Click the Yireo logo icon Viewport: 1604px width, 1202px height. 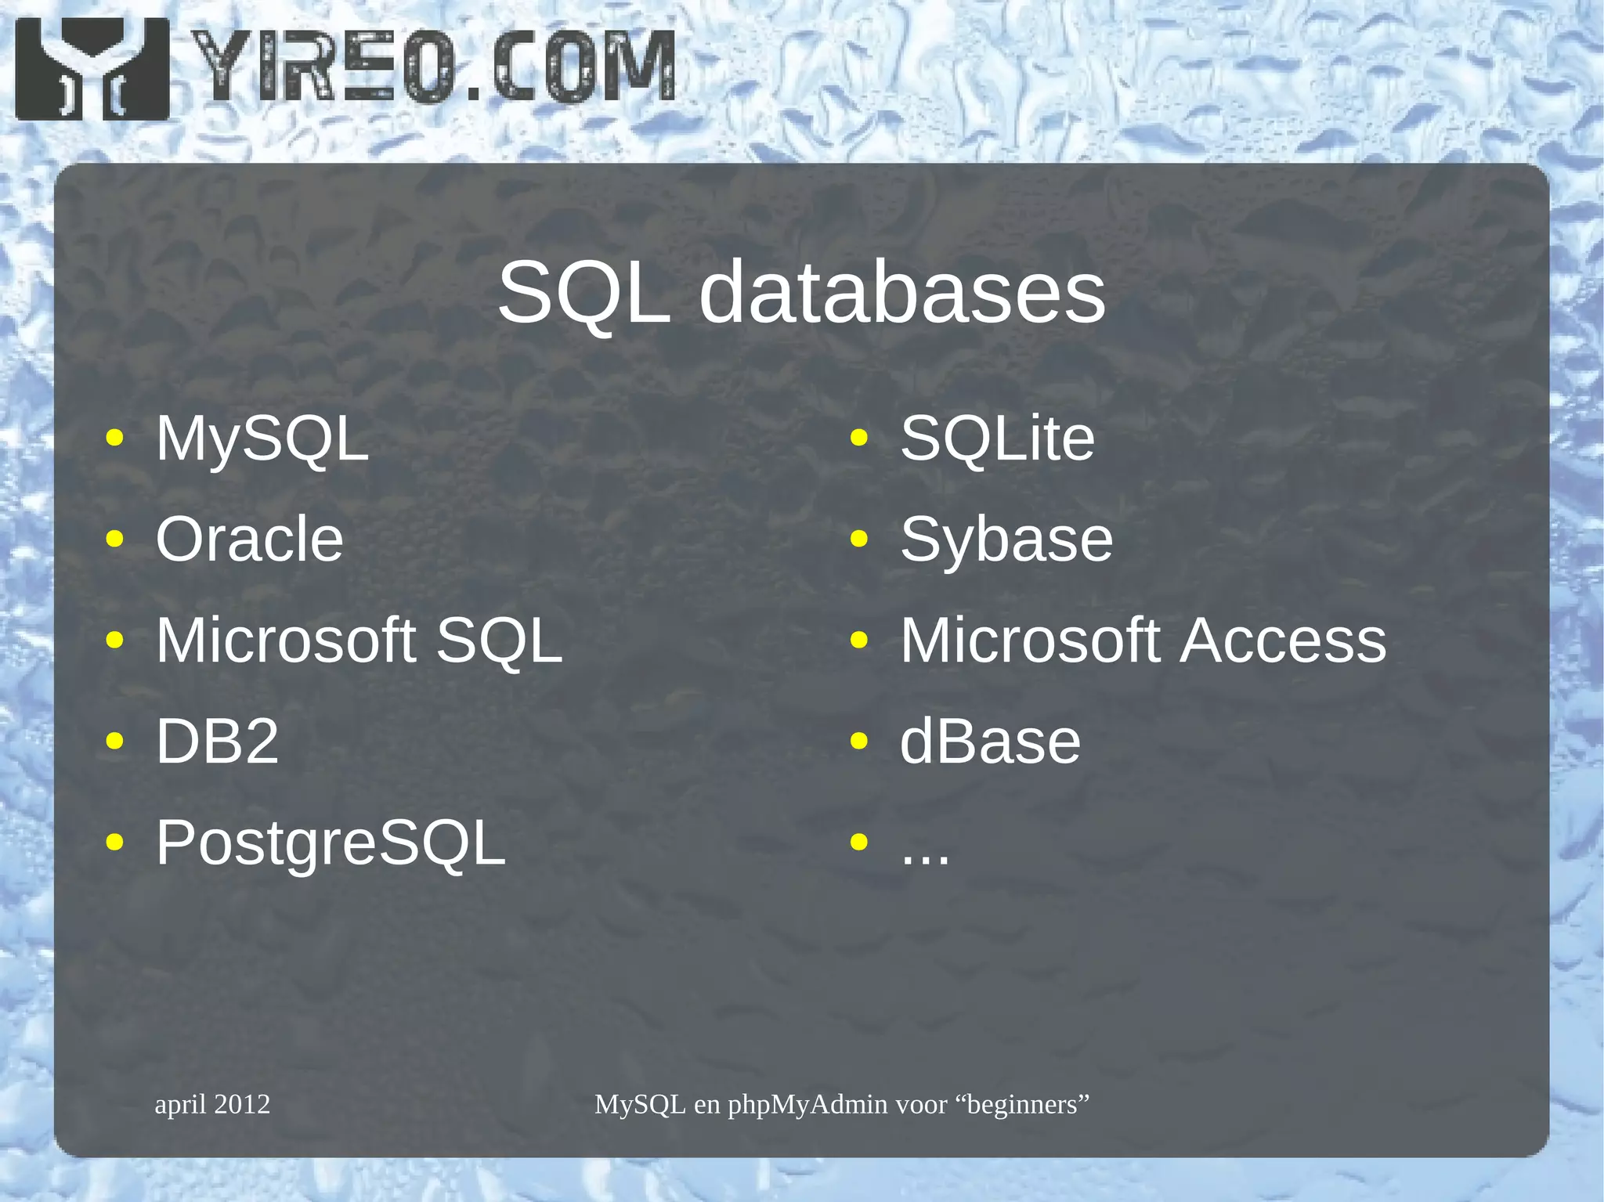click(x=92, y=69)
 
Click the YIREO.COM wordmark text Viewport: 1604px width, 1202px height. click(x=433, y=67)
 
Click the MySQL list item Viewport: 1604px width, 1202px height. click(x=262, y=439)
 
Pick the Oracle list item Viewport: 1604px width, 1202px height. click(x=249, y=540)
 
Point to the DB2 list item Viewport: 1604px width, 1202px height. click(x=217, y=742)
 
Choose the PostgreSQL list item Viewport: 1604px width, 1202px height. click(x=331, y=843)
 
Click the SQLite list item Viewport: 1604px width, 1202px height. click(x=997, y=439)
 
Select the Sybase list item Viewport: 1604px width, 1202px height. click(x=1006, y=540)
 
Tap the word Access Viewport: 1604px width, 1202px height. click(x=1283, y=641)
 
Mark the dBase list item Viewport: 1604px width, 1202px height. click(x=990, y=742)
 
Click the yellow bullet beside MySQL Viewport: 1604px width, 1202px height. click(x=115, y=438)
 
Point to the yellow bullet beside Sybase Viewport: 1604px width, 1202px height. click(x=859, y=539)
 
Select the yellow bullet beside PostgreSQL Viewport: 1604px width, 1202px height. click(x=115, y=842)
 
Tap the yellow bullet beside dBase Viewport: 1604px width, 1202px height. click(x=859, y=741)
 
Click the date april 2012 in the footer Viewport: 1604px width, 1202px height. click(x=212, y=1104)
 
